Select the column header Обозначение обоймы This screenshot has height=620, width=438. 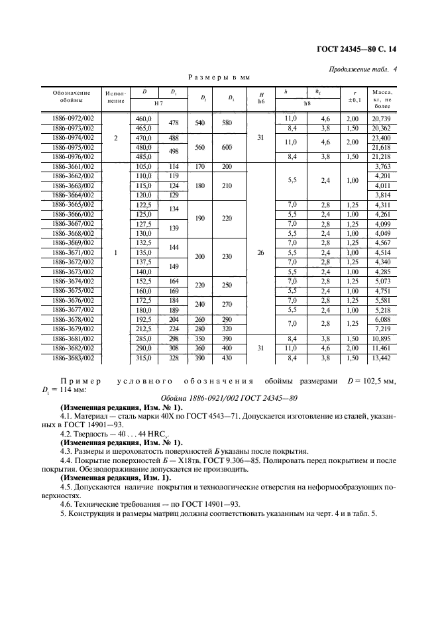pos(71,97)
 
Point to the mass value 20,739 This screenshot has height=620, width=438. pos(382,118)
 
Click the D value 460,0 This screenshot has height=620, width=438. pos(143,118)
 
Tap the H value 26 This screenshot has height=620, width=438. pos(261,252)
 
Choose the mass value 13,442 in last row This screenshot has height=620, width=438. pos(382,358)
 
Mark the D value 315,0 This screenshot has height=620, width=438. pos(143,358)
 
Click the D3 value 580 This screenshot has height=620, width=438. pos(228,123)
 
